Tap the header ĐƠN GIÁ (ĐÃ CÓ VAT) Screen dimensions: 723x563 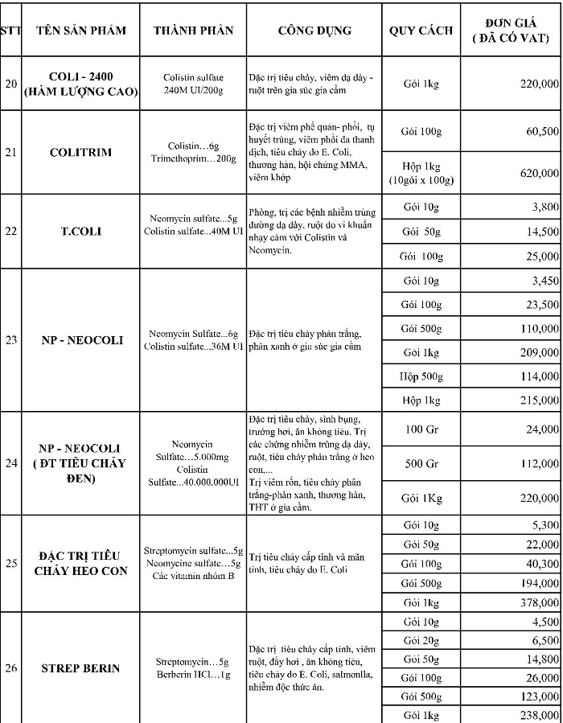pos(519,31)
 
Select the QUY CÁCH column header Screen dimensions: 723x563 pos(421,31)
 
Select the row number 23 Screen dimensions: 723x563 pos(10,339)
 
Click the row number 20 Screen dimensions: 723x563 pos(10,83)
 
